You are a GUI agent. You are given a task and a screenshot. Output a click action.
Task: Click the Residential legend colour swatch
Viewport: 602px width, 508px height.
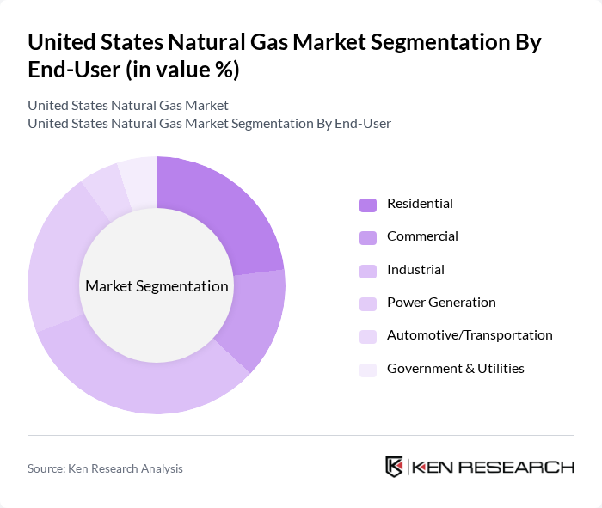[x=368, y=205]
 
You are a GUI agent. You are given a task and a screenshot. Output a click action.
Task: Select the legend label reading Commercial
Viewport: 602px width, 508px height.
[x=422, y=236]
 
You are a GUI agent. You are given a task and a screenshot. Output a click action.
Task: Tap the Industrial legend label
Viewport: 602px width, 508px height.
[x=415, y=270]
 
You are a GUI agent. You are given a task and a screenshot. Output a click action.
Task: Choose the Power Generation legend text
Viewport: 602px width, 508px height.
[x=441, y=303]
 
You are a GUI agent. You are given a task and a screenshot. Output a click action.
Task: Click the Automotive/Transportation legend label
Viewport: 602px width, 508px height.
[x=470, y=335]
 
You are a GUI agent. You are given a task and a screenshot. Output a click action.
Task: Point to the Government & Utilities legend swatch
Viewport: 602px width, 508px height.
[x=368, y=369]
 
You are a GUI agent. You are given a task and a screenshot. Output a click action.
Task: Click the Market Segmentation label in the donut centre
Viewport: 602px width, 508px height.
[x=157, y=286]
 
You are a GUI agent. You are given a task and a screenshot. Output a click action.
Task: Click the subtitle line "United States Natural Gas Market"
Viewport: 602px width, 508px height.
[x=128, y=106]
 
